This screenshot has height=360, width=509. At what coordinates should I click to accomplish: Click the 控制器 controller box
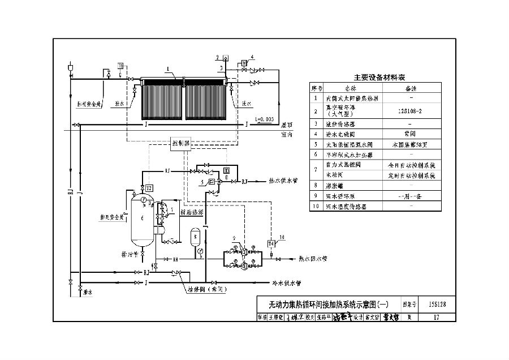click(180, 144)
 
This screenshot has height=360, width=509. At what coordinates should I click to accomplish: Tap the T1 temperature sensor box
click(120, 66)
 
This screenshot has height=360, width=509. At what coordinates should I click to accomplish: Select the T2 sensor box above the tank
click(149, 187)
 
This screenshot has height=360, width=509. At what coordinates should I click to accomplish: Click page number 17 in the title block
click(436, 317)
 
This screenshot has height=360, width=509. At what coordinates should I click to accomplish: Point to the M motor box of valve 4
click(244, 62)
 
